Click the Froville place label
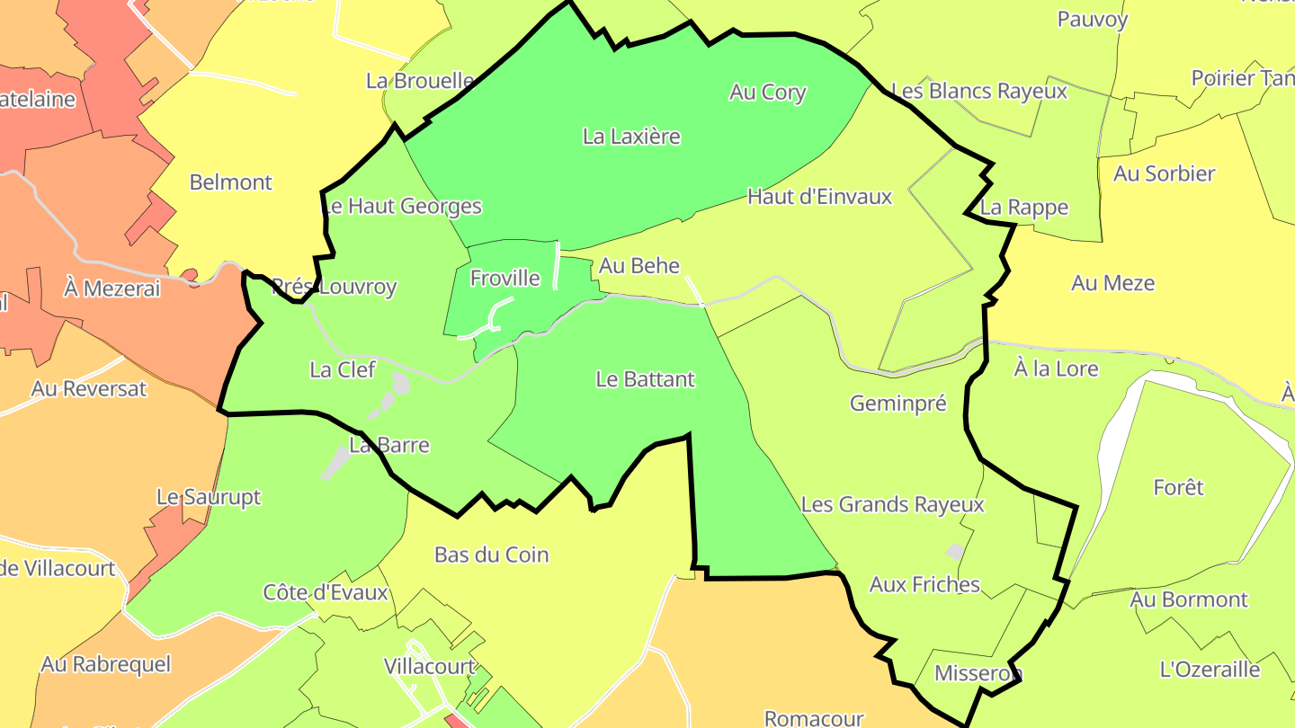click(x=505, y=279)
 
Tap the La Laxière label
click(x=631, y=137)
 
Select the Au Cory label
click(x=768, y=93)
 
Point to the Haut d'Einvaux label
click(x=819, y=197)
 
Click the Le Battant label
click(x=645, y=379)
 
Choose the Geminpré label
click(x=898, y=404)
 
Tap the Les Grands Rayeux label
click(x=892, y=505)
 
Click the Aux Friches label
click(x=924, y=585)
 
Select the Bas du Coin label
click(x=491, y=555)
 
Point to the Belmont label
click(x=230, y=182)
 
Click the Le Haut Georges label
click(x=402, y=207)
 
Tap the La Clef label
click(x=342, y=369)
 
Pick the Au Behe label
click(x=639, y=266)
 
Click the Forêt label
click(x=1178, y=488)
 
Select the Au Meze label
click(x=1112, y=284)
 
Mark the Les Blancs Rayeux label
click(x=978, y=92)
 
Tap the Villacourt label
click(x=429, y=667)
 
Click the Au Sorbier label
click(x=1164, y=174)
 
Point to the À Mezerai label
click(x=112, y=289)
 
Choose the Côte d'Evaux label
click(x=325, y=593)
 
